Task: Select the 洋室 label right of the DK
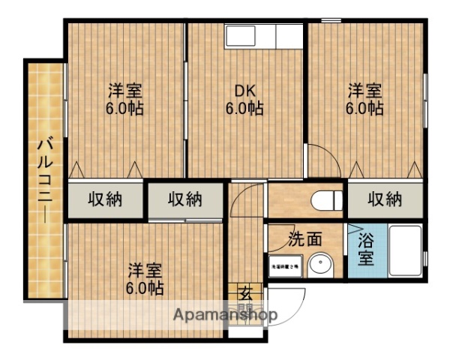click(x=364, y=91)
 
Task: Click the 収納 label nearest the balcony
click(x=106, y=199)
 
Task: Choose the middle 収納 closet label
click(x=184, y=199)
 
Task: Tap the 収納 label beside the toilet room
click(x=385, y=199)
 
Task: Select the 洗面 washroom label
click(x=305, y=239)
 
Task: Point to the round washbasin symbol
click(x=323, y=265)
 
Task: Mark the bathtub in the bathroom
click(x=403, y=252)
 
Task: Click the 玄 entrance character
click(x=245, y=293)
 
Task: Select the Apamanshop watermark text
click(x=225, y=314)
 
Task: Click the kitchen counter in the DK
click(x=262, y=36)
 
